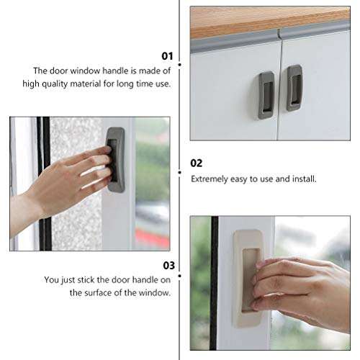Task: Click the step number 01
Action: (166, 55)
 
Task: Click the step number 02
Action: (197, 163)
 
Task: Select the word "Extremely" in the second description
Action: (211, 179)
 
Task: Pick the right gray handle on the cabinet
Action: (294, 87)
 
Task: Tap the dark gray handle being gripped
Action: (115, 160)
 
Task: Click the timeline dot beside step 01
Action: (179, 63)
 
